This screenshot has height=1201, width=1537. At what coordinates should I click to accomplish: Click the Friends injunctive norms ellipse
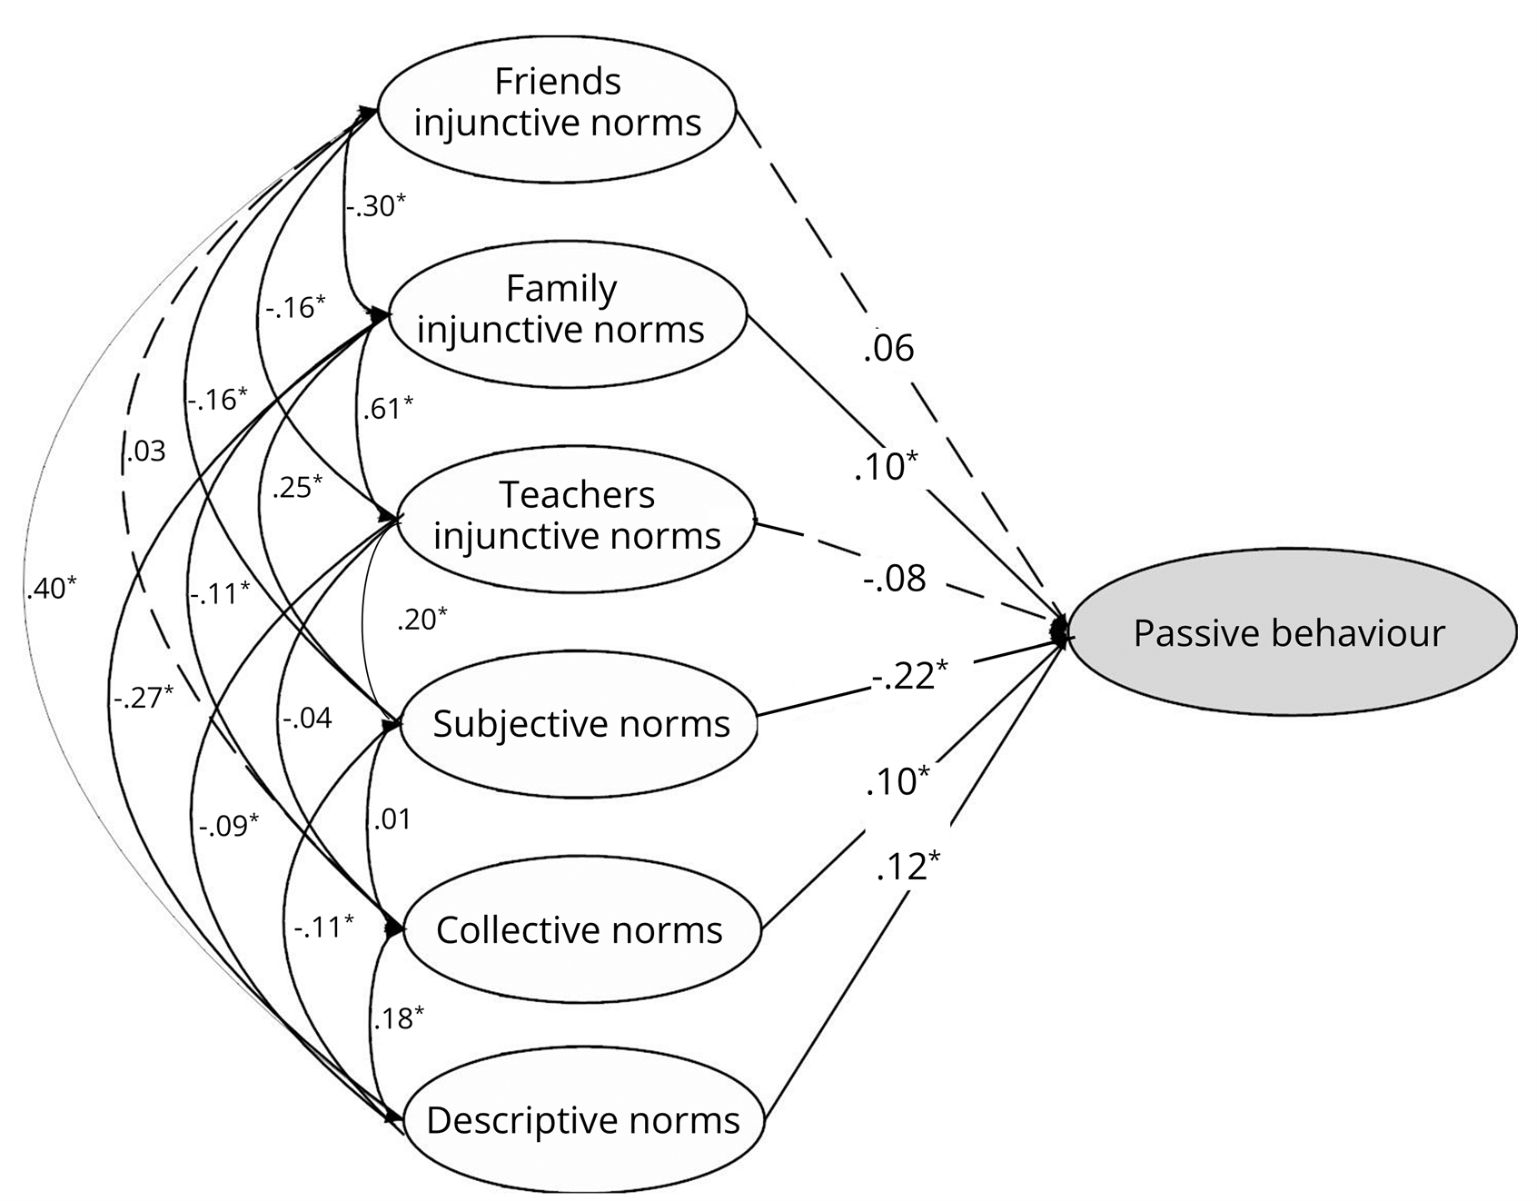click(556, 102)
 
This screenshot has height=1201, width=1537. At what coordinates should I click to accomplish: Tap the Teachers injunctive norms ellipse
click(576, 516)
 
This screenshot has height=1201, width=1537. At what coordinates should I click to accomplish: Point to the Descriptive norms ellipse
click(582, 1120)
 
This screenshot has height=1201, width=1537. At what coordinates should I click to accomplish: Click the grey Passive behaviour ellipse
click(1290, 633)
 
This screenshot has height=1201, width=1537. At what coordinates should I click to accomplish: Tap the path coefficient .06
click(888, 348)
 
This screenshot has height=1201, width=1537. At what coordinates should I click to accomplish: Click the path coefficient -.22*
click(909, 675)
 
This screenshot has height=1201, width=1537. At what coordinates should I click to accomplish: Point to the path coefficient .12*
click(907, 867)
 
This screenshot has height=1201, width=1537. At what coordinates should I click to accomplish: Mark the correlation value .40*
click(52, 589)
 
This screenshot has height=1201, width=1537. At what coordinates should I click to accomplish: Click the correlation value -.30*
click(374, 206)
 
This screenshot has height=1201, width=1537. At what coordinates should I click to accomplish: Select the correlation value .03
click(145, 452)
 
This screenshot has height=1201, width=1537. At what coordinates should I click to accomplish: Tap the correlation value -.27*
click(144, 698)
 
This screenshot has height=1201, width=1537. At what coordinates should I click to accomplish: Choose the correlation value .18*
click(399, 1018)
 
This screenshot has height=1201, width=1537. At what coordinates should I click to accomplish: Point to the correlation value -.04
click(306, 719)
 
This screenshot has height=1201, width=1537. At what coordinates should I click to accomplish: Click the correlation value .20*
click(421, 620)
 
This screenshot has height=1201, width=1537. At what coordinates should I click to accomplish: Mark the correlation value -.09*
click(229, 825)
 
